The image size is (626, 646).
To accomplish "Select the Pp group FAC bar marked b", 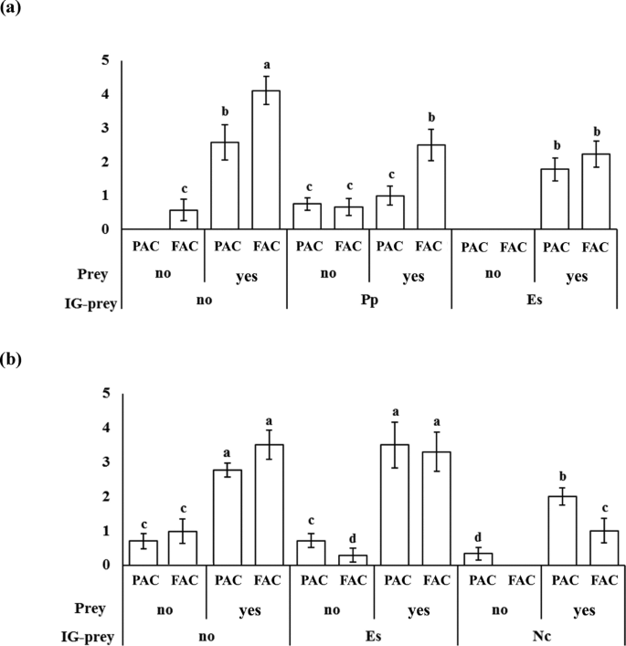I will (431, 186).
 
